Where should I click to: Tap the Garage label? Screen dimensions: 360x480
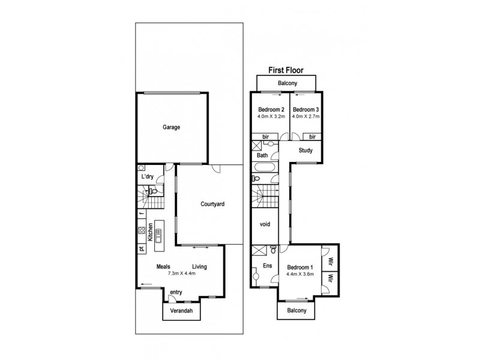171,127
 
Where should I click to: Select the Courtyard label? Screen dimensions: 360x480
212,205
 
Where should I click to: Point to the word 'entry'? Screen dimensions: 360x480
176,292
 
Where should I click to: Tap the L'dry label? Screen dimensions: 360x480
147,178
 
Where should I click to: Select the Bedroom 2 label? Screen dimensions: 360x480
269,110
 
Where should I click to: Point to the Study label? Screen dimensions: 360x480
305,151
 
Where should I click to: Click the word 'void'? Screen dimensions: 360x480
265,224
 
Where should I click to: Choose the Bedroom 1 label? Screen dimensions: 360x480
299,268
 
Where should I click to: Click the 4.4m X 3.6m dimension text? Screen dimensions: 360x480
299,275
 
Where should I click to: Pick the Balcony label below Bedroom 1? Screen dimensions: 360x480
296,310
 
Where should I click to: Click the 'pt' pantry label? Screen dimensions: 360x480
142,248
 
